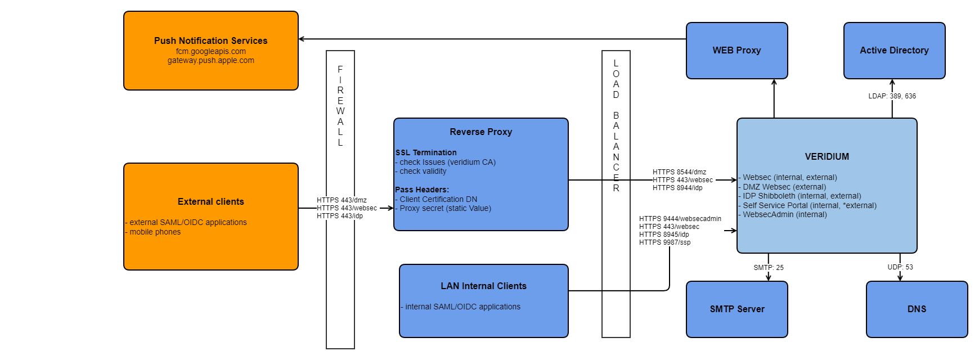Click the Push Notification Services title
click(x=210, y=40)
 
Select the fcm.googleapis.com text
click(x=210, y=51)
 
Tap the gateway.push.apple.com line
click(x=210, y=60)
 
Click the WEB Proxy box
click(x=737, y=51)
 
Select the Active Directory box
click(x=894, y=51)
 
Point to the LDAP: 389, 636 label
click(x=892, y=96)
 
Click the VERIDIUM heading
click(x=827, y=156)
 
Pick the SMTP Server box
click(x=737, y=309)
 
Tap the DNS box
click(x=917, y=309)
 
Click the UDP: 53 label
click(x=900, y=267)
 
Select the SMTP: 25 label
click(x=769, y=268)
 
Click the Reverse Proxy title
click(x=480, y=132)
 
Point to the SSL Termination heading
click(x=426, y=152)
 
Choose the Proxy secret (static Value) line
click(x=445, y=208)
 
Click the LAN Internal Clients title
click(x=483, y=286)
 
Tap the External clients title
click(x=210, y=201)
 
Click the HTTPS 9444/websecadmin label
click(x=680, y=219)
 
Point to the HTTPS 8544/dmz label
click(x=679, y=172)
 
